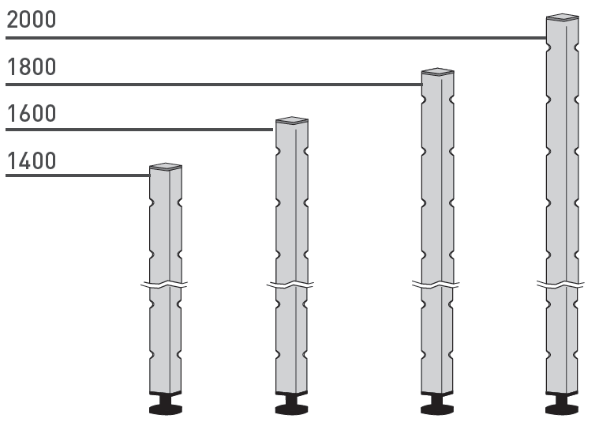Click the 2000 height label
tap(32, 20)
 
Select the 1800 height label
tap(32, 67)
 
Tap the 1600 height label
tap(32, 114)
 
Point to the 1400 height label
tap(32, 160)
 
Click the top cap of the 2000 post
tap(563, 17)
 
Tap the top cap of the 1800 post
tap(438, 71)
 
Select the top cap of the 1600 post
tap(292, 120)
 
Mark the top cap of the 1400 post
tap(166, 167)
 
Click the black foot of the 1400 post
tap(166, 404)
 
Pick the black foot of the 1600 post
tap(291, 404)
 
